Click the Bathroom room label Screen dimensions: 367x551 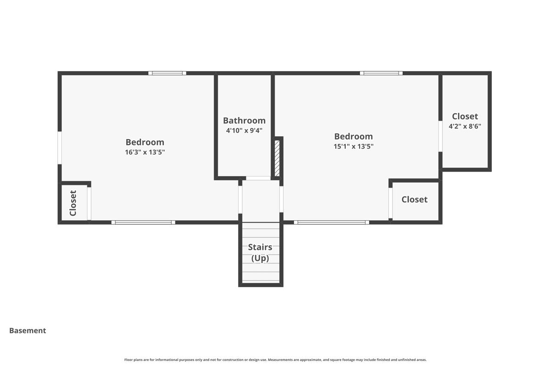(244, 121)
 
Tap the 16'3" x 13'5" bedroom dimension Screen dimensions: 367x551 (145, 152)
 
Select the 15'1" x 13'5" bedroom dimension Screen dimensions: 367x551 (353, 147)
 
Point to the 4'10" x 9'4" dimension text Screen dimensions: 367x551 (244, 131)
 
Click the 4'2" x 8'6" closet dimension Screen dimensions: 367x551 (465, 127)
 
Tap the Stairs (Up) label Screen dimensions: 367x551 (260, 253)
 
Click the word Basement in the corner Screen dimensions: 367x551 (28, 331)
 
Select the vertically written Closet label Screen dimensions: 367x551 (73, 203)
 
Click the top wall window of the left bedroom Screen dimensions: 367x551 (167, 73)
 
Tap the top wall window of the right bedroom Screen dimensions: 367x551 (381, 73)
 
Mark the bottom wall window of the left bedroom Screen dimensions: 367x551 (143, 222)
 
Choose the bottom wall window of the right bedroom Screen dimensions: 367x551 (332, 222)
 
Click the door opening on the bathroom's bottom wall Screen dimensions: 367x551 (258, 178)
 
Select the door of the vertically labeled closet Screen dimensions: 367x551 (89, 203)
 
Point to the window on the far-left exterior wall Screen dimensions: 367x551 (60, 148)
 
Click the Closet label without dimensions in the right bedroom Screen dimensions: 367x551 (414, 200)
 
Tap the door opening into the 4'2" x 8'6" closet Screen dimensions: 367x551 (440, 136)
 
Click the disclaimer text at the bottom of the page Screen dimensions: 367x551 (275, 360)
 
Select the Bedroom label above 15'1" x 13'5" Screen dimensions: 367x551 (353, 137)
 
